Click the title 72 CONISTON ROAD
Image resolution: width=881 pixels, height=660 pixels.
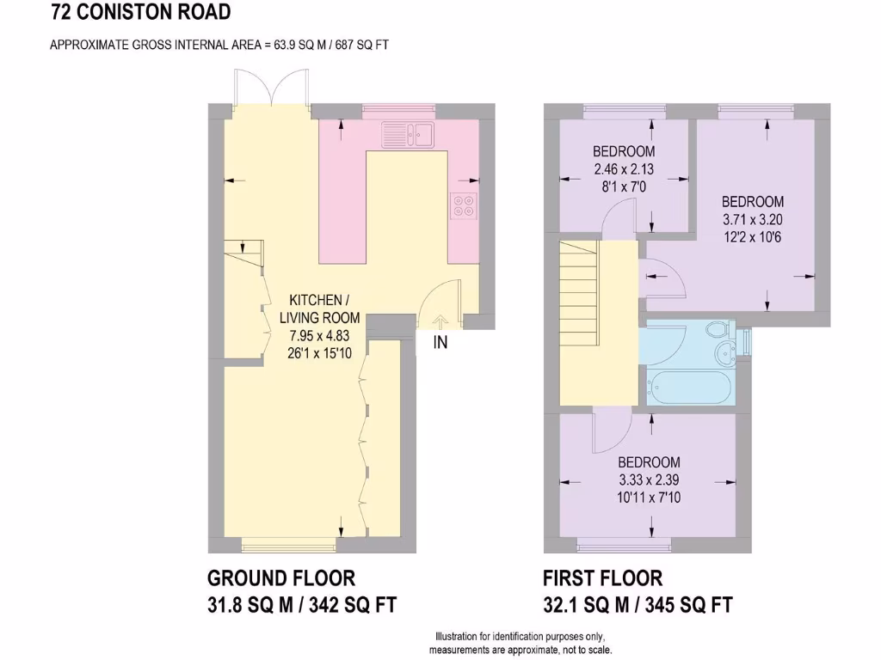(x=141, y=12)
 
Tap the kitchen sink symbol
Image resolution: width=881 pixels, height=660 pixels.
(x=410, y=135)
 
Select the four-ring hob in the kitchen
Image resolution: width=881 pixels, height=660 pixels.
(x=463, y=206)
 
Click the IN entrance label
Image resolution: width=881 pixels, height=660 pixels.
(x=440, y=343)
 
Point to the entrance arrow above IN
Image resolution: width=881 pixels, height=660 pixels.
(x=440, y=321)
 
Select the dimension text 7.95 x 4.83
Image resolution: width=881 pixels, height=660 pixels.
(x=319, y=334)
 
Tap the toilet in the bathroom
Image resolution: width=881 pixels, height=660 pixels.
(x=716, y=329)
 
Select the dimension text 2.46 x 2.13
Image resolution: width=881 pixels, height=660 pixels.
(x=624, y=169)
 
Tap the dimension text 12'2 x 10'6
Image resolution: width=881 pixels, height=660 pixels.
(x=753, y=237)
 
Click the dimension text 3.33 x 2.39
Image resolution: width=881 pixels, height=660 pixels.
(x=649, y=480)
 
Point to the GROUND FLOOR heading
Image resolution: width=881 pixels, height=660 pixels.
(x=281, y=578)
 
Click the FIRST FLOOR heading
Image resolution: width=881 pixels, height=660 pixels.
(x=603, y=578)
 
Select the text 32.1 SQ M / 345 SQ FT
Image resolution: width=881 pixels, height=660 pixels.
(x=638, y=605)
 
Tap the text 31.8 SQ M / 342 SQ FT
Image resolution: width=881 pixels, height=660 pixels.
(x=302, y=605)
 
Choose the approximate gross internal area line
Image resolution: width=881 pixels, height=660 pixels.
(x=219, y=45)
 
